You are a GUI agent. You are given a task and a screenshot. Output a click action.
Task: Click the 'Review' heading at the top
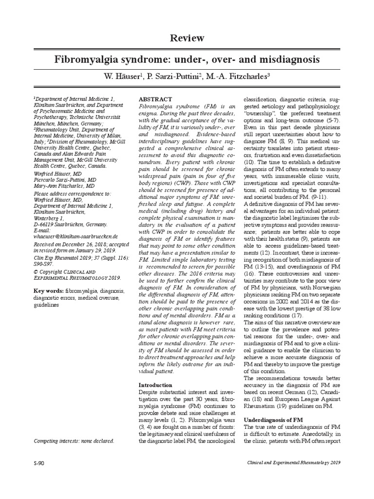pos(187,38)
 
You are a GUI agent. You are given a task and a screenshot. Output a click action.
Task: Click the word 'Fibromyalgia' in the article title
pos(84,60)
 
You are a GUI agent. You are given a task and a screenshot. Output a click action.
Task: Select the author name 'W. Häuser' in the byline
pos(122,77)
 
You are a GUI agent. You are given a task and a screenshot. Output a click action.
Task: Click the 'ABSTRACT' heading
pos(155,99)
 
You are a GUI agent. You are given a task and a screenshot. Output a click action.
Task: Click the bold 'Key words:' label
pos(48,291)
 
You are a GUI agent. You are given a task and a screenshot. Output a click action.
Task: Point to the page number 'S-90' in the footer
pos(39,462)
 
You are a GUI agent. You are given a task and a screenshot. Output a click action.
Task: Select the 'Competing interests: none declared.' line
pos(74,441)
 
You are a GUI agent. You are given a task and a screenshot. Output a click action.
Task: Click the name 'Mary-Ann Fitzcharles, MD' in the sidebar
pos(64,186)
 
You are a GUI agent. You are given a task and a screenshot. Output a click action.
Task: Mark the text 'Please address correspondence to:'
pos(73,192)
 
